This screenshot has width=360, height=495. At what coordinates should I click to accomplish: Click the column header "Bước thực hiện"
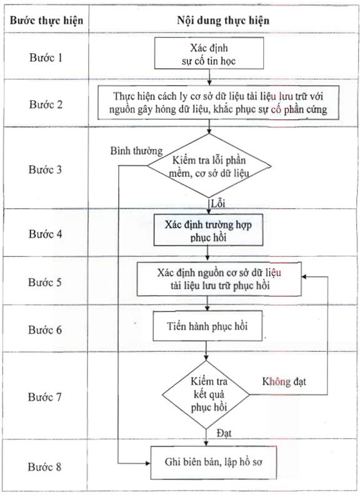[46, 21]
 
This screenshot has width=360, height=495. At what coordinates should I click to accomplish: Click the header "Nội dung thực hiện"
[223, 21]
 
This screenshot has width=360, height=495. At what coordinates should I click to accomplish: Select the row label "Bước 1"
[46, 57]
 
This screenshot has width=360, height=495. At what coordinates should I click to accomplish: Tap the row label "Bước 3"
[45, 169]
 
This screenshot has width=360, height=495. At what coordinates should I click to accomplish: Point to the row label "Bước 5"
[45, 282]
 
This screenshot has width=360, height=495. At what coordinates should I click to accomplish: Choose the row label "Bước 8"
[44, 467]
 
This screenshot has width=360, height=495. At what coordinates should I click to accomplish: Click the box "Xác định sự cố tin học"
[209, 53]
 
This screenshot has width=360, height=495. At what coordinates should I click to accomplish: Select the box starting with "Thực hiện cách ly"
[218, 102]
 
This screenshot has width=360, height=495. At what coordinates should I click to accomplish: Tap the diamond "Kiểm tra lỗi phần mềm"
[208, 166]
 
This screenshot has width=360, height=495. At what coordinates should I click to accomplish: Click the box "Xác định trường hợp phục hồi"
[208, 230]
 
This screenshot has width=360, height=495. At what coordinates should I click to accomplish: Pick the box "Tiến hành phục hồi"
[207, 326]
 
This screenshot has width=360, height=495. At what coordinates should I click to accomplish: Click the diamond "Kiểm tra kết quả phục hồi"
[206, 394]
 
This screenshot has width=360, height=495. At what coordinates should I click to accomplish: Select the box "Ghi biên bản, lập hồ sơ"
[214, 462]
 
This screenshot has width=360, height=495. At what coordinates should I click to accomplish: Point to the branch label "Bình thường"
[136, 151]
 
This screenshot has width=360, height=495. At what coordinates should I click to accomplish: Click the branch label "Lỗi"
[218, 203]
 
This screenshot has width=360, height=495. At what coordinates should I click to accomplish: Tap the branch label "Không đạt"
[284, 382]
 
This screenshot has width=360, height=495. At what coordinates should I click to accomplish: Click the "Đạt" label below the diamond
[224, 433]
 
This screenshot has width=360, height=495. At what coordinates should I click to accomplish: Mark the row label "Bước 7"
[45, 397]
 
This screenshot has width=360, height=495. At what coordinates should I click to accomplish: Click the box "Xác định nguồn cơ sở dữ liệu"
[219, 279]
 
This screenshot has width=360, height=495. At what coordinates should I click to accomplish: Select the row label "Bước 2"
[46, 104]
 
